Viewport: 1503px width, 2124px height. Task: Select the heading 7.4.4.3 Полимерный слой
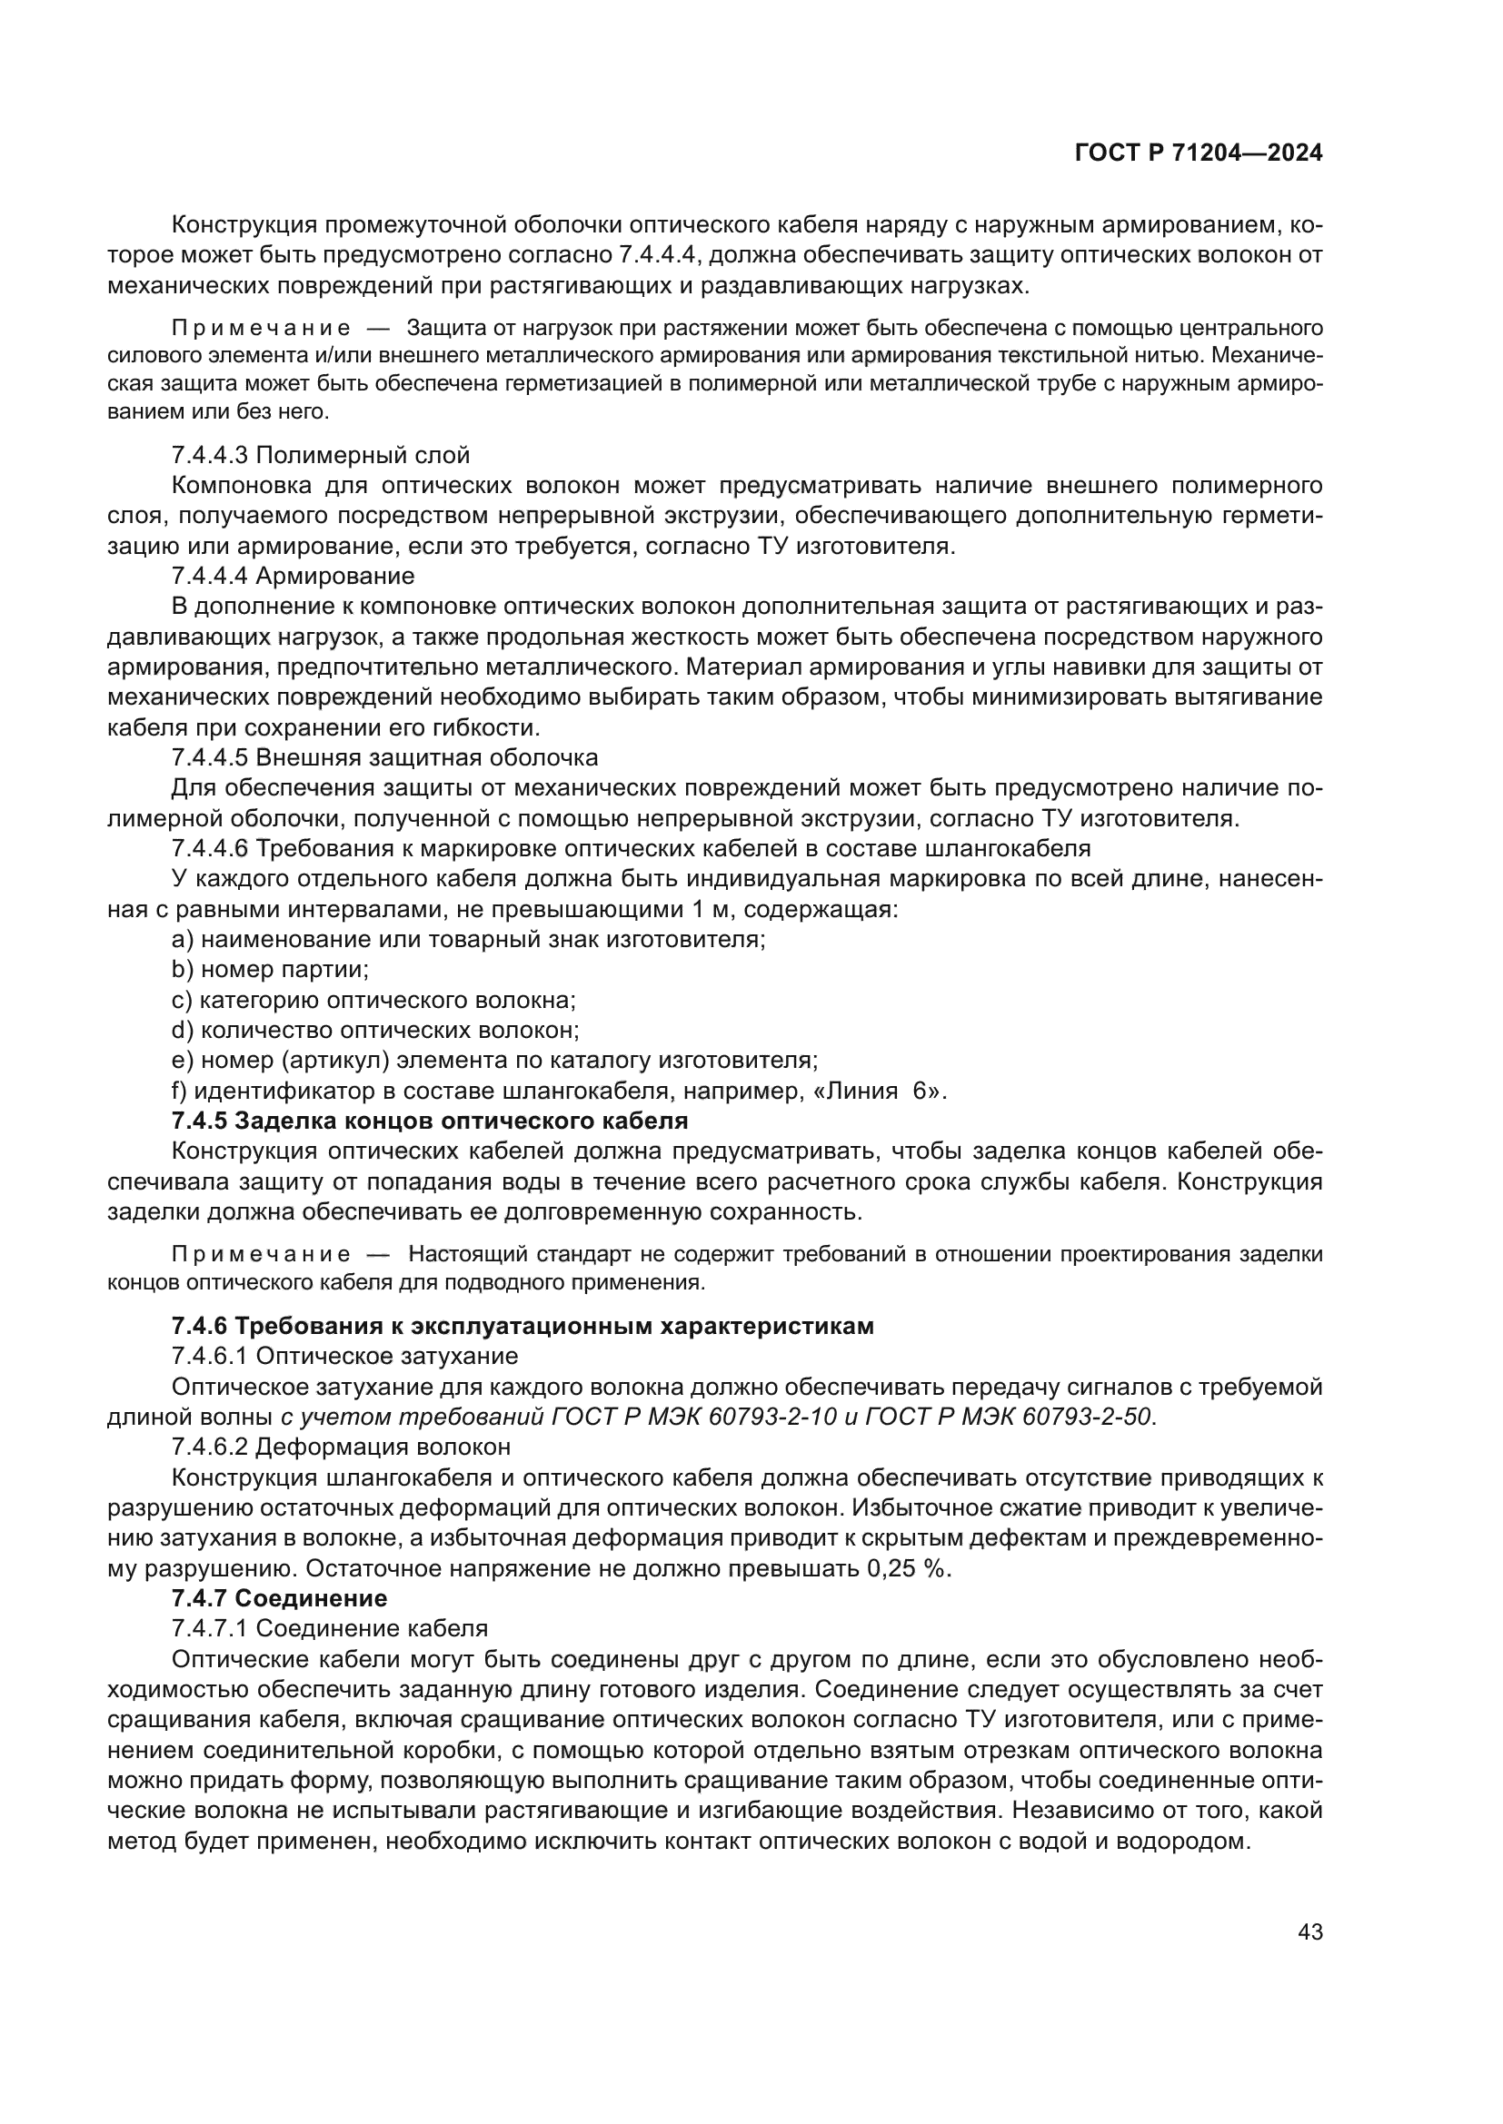(x=320, y=455)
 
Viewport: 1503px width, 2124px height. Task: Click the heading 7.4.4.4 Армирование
(x=293, y=577)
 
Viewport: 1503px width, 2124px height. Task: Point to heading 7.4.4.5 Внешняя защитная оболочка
(x=384, y=757)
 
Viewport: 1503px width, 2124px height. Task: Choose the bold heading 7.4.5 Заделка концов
(x=430, y=1121)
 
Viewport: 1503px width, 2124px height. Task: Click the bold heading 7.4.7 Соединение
(x=280, y=1597)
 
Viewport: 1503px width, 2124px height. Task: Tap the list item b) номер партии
(x=270, y=970)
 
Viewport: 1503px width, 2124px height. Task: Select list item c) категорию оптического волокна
(x=373, y=1000)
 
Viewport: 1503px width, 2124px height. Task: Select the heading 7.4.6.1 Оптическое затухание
(x=344, y=1356)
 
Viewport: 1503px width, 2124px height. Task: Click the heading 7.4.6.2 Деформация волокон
(x=341, y=1446)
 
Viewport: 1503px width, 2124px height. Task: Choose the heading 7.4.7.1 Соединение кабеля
(x=330, y=1628)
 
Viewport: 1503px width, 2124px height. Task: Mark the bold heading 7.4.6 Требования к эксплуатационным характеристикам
(x=522, y=1326)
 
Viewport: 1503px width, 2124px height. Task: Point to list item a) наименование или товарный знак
(x=468, y=940)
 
